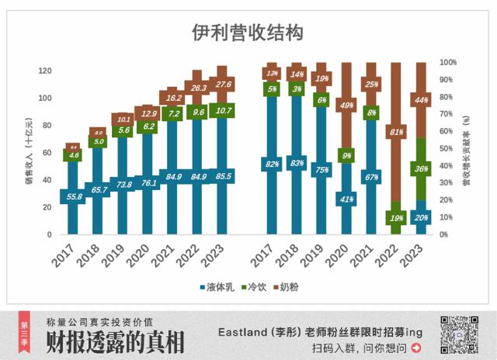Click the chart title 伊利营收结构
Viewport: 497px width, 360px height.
click(247, 33)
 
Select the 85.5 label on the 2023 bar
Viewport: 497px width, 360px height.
click(222, 176)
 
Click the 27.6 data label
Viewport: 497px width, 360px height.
click(222, 84)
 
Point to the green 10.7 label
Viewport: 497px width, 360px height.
click(222, 111)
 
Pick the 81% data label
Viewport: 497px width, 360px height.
click(396, 132)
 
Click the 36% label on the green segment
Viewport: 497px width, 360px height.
click(421, 168)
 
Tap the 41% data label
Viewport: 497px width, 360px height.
click(346, 199)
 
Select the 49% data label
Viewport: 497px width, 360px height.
click(346, 105)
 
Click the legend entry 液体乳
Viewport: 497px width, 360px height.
click(214, 287)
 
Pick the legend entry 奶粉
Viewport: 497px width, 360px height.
click(288, 287)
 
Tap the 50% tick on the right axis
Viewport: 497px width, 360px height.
click(447, 149)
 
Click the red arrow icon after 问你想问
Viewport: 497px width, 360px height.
click(417, 348)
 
